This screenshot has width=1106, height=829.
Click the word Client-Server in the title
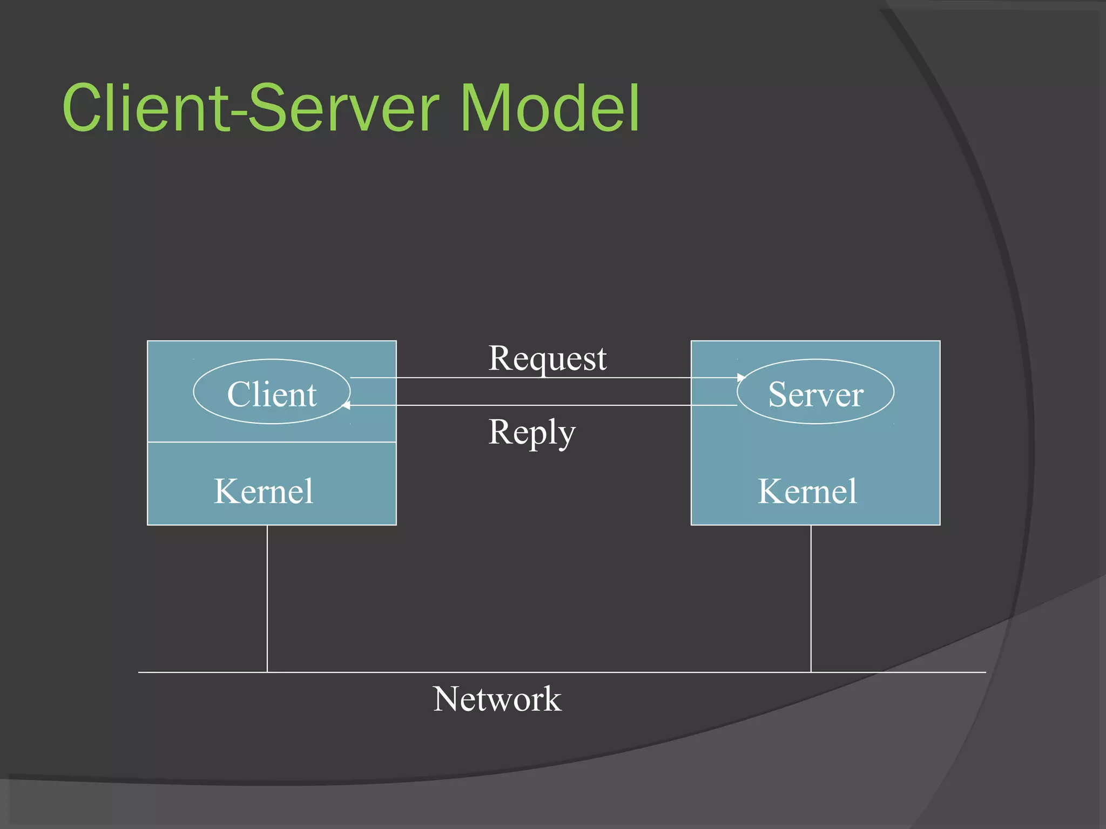251,108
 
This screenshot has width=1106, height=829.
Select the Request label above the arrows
547,358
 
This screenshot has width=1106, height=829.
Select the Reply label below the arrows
532,432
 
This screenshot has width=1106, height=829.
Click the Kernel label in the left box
264,491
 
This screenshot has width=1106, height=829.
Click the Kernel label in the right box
807,491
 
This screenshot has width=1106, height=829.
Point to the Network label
497,699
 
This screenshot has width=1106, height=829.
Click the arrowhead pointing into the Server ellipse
741,378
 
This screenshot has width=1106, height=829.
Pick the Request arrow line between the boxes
543,378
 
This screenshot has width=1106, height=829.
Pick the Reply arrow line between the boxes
543,405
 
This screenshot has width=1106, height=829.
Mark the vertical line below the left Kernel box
267,599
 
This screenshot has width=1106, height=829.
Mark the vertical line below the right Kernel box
811,599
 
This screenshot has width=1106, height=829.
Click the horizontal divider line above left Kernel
272,442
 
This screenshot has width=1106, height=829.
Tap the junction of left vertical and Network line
267,672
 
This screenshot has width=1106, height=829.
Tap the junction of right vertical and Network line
811,672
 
